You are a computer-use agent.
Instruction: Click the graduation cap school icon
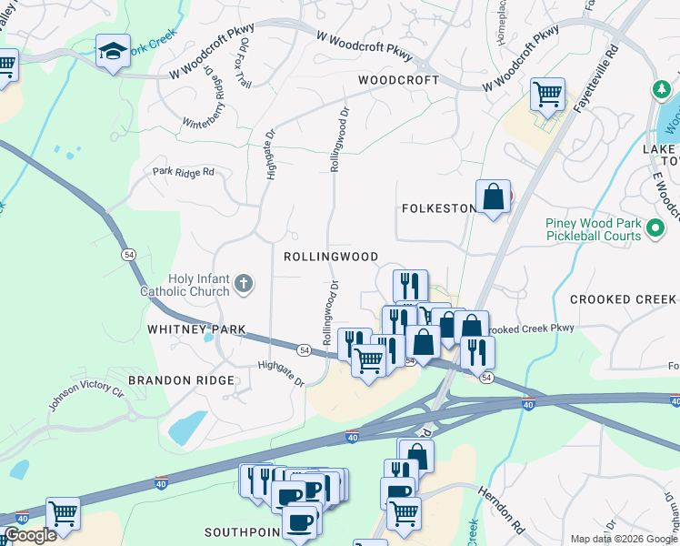(x=114, y=52)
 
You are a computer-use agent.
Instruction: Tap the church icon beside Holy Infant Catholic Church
(x=243, y=284)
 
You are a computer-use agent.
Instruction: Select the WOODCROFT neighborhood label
(x=398, y=80)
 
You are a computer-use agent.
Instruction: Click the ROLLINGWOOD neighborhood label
(x=330, y=258)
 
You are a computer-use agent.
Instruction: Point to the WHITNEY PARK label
(x=198, y=329)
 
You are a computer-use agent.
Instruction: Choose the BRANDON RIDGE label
(x=181, y=380)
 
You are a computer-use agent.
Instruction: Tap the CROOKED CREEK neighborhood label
(x=623, y=299)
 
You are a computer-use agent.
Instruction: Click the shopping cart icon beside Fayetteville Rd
(x=547, y=94)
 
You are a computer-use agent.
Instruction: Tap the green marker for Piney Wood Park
(x=655, y=230)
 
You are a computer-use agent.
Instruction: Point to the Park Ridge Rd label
(x=183, y=171)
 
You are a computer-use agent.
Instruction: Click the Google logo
(x=29, y=536)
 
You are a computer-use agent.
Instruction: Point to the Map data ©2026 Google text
(x=624, y=539)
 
